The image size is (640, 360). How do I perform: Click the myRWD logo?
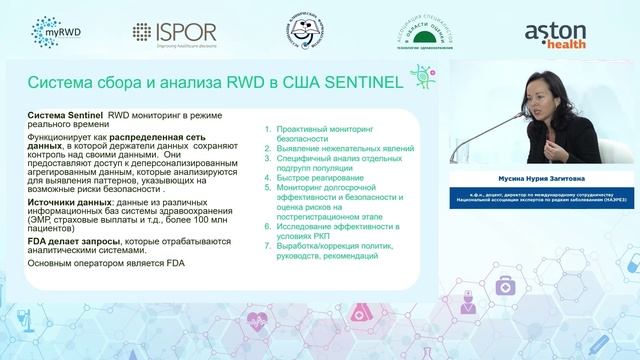click(57, 32)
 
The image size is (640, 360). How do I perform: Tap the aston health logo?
click(561, 32)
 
